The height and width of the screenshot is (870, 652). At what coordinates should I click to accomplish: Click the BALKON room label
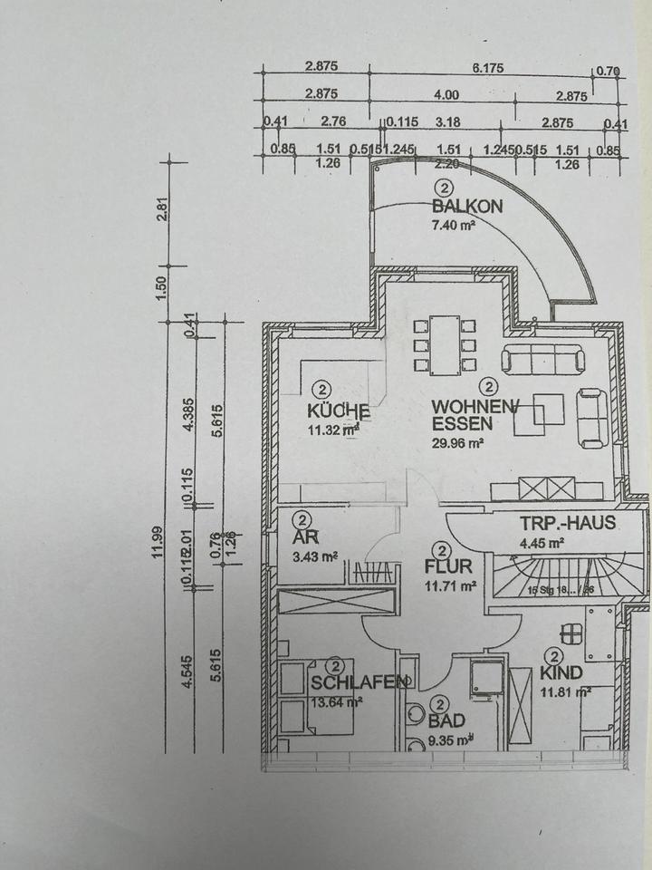[467, 207]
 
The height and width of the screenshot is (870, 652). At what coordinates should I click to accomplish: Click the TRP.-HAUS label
[568, 523]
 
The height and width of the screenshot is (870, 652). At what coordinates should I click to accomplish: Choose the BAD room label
[447, 721]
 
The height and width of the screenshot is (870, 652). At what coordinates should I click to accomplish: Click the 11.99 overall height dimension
[158, 544]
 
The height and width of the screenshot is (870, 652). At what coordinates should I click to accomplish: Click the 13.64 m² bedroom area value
[337, 700]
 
